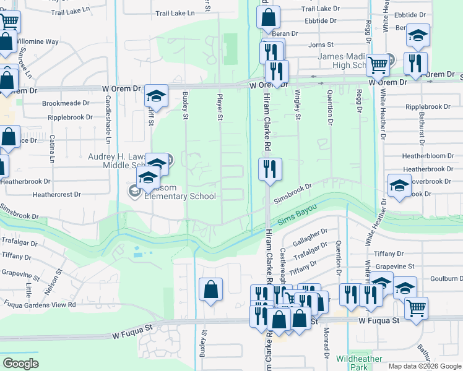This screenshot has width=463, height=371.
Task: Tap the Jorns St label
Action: [321, 45]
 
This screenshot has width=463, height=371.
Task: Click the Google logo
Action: [20, 364]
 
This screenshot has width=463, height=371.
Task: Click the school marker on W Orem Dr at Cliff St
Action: [156, 96]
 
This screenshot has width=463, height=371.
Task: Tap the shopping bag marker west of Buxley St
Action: [210, 289]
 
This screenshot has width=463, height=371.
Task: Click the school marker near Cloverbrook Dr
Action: [399, 186]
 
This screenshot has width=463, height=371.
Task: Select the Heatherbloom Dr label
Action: [423, 156]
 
